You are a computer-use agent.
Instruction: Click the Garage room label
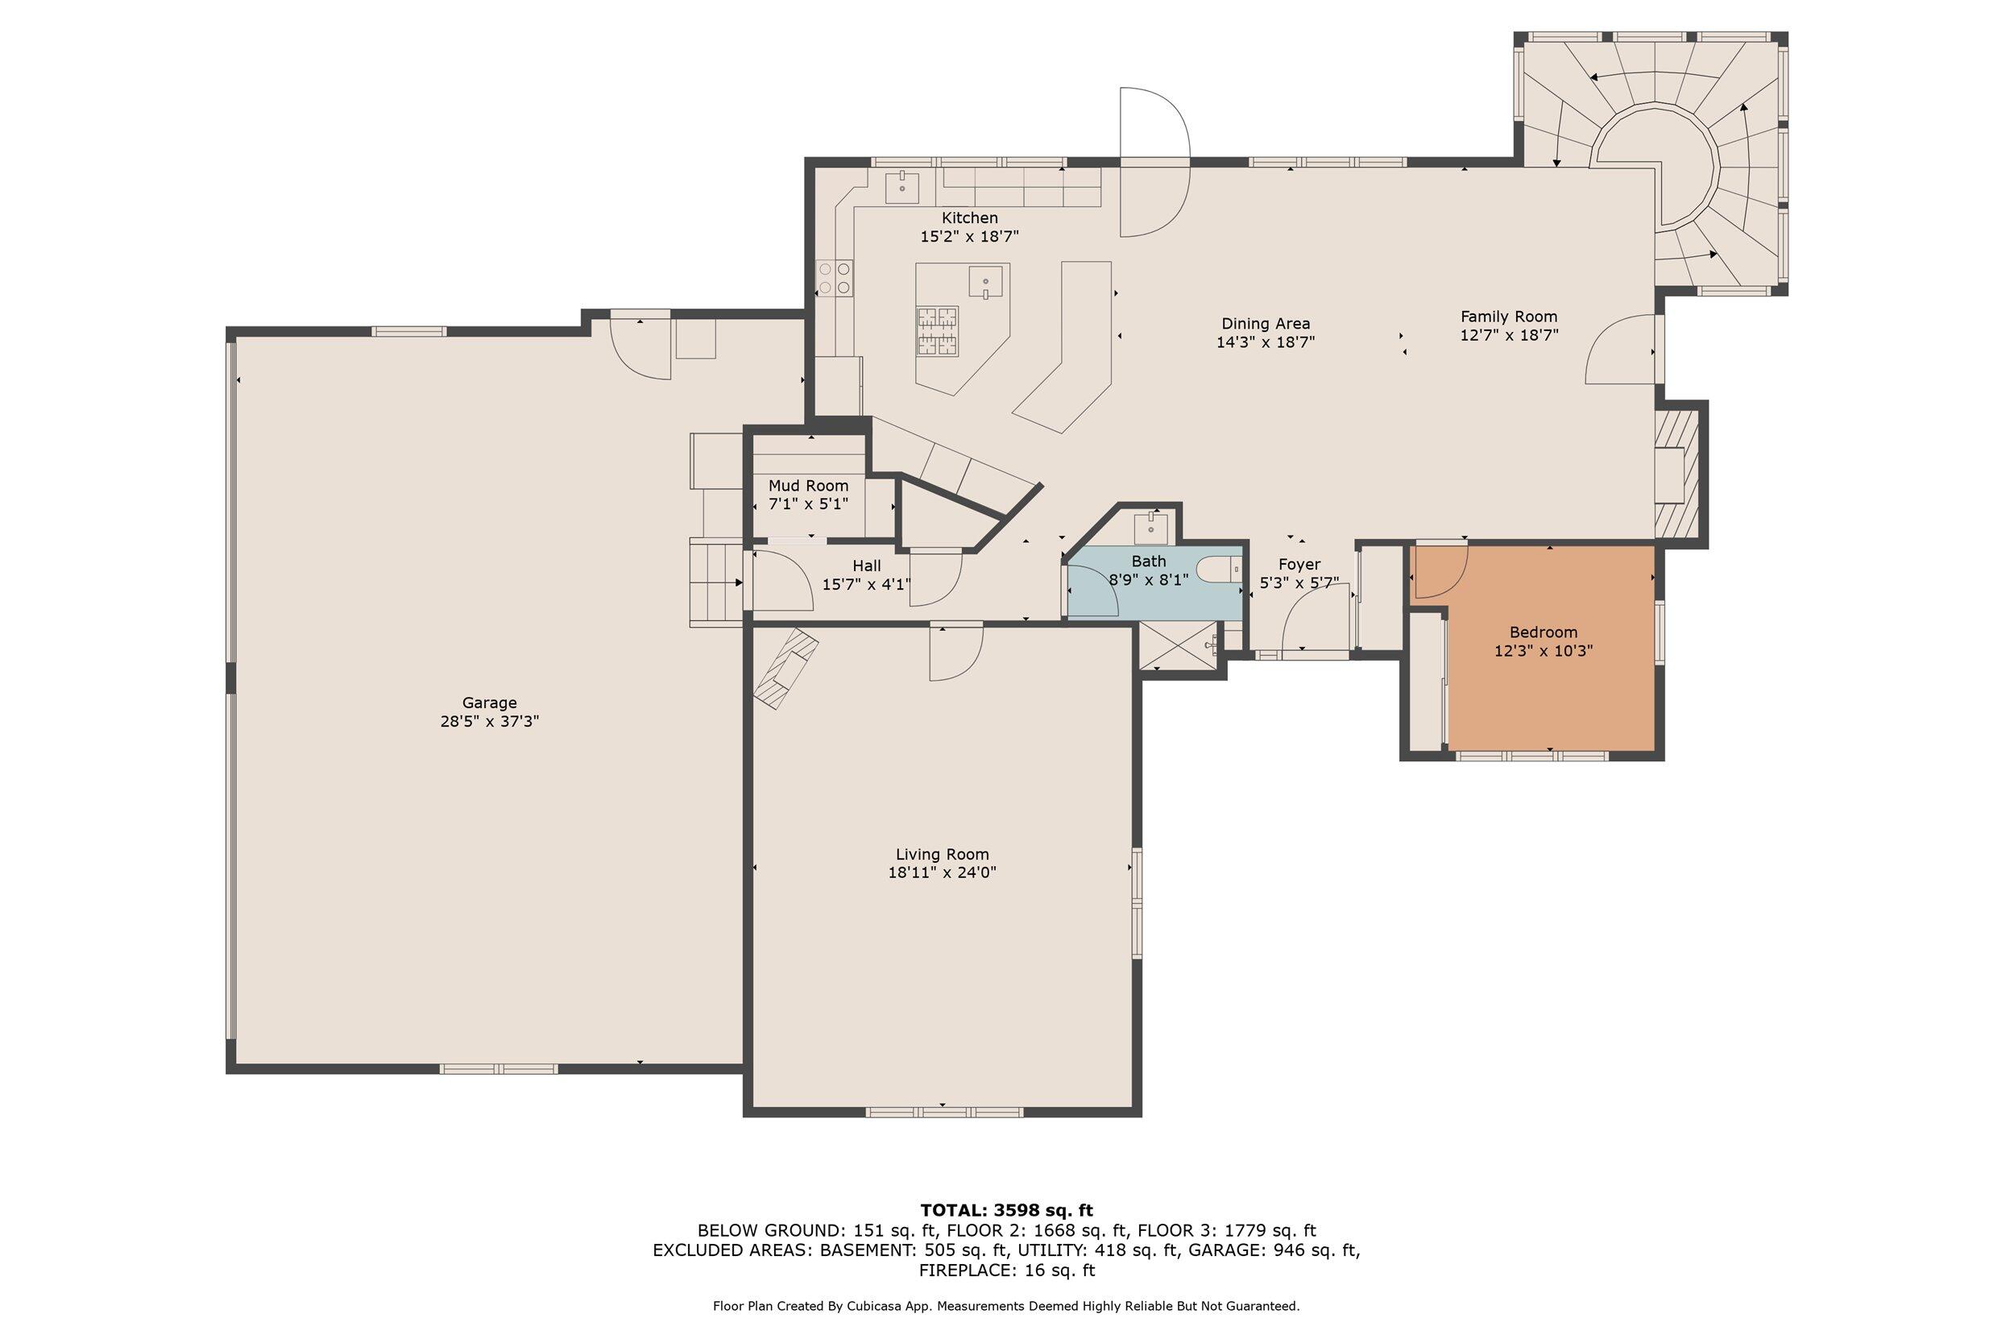490,703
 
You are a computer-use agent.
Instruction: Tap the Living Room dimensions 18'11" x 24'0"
942,873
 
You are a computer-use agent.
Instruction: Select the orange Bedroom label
1544,633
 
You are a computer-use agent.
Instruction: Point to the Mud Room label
808,486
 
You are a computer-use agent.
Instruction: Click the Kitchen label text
970,218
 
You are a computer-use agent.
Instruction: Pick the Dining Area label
1266,324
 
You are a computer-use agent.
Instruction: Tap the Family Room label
1509,317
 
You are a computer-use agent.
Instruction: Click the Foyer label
1299,565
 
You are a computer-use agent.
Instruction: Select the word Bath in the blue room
1148,561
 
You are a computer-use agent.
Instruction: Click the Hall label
867,566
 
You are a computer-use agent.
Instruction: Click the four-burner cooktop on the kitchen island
938,331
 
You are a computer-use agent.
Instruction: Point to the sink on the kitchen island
985,282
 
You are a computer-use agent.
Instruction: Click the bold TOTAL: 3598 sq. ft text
1007,1210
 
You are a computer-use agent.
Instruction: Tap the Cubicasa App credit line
1006,1306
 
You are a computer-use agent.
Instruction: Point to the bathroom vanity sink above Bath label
1151,528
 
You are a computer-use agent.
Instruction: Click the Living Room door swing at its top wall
956,653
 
